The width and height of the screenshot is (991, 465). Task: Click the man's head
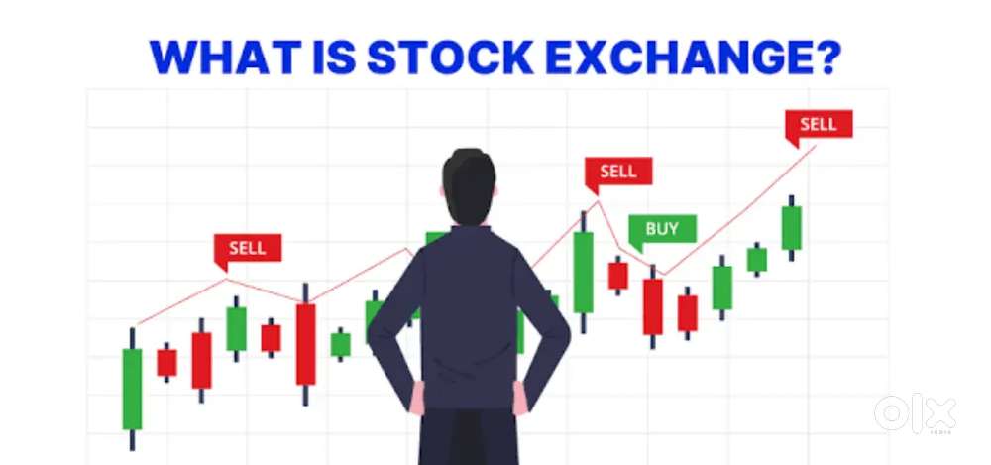pos(469,186)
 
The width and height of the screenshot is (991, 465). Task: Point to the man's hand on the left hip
pos(419,398)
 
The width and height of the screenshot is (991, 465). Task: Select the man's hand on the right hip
pos(519,398)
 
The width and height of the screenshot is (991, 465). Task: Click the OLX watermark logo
pos(915,412)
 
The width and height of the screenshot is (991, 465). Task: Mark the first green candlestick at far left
pos(132,389)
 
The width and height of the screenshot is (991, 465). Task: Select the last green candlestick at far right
pos(791,228)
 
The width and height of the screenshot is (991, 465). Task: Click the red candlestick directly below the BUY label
pos(653,306)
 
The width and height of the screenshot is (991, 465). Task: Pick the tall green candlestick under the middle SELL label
pos(584,272)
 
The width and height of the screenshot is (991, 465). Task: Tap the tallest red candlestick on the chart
pos(306,344)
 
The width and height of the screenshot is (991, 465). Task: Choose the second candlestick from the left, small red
pos(166,363)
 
